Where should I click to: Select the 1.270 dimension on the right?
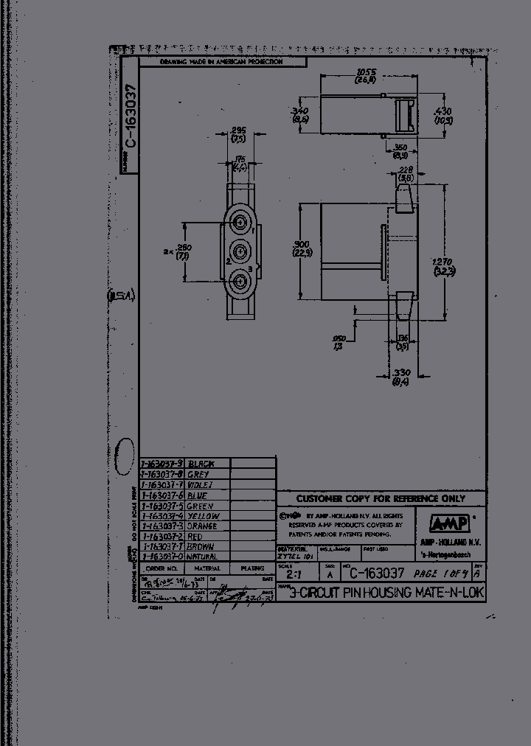click(x=442, y=266)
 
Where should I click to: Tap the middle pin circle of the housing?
click(x=239, y=251)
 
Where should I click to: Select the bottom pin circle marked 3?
click(x=239, y=280)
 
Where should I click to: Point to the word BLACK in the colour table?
click(x=201, y=464)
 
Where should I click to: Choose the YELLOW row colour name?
click(x=203, y=516)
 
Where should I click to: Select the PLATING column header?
click(x=252, y=569)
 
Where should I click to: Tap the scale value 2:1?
click(x=293, y=574)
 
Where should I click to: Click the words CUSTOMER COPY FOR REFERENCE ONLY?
click(x=381, y=498)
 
